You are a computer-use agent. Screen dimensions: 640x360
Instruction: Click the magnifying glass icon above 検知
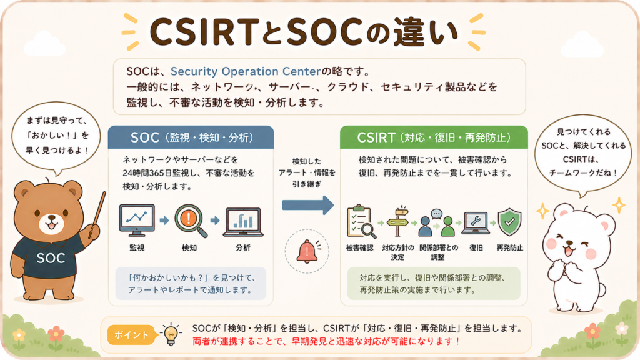click(x=190, y=221)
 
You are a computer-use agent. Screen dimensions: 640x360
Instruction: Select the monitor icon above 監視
click(x=137, y=221)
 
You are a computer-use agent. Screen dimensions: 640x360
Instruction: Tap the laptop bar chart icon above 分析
click(x=243, y=222)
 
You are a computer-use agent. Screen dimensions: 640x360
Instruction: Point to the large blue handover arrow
click(x=307, y=205)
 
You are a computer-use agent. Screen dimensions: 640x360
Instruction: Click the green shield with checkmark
click(x=509, y=222)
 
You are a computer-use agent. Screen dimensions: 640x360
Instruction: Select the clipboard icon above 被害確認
click(x=361, y=222)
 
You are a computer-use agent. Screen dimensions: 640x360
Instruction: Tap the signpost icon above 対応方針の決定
click(x=398, y=221)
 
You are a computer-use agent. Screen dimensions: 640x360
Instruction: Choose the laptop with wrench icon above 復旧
click(x=476, y=223)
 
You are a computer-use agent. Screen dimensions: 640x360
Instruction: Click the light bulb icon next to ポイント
click(x=171, y=334)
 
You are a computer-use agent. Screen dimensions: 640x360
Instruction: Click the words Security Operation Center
click(x=246, y=71)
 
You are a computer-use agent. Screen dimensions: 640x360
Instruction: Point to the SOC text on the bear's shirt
click(x=51, y=258)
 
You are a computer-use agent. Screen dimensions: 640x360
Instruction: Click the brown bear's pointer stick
click(x=97, y=215)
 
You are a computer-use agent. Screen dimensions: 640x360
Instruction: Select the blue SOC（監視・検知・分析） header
click(x=191, y=137)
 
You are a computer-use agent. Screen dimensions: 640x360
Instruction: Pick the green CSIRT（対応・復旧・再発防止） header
click(x=434, y=137)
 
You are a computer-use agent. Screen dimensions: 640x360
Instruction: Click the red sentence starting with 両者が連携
click(x=326, y=341)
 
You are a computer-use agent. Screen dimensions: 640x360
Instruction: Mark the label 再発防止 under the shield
click(x=510, y=247)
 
